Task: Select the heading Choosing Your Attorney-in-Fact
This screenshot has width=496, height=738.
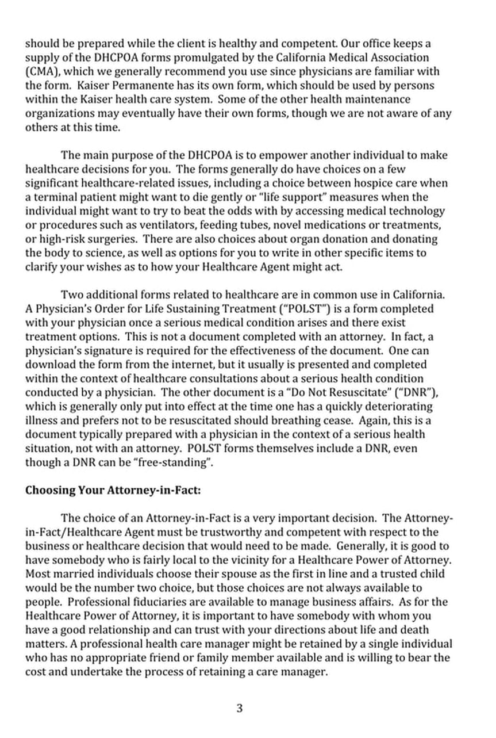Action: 112,491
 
